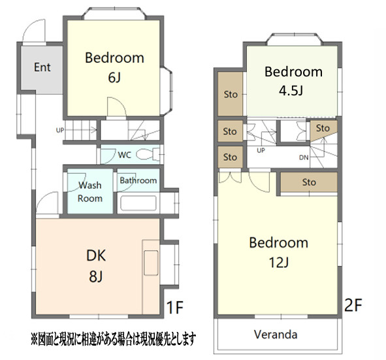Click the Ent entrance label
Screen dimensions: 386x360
[42, 67]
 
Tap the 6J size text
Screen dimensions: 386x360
[114, 78]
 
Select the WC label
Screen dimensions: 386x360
[125, 155]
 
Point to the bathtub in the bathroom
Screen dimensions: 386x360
[138, 203]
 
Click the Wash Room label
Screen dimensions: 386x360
[90, 192]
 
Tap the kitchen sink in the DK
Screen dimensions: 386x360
[151, 263]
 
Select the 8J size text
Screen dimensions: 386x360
[96, 276]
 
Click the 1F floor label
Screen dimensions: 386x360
[175, 307]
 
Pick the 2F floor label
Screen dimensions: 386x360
[353, 305]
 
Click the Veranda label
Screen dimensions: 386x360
[276, 335]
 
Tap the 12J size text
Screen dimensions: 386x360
[279, 263]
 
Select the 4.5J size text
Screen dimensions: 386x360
[291, 91]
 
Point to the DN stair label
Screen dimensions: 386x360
[304, 157]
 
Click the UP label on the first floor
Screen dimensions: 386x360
[60, 130]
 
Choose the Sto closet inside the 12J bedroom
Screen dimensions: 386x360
[309, 182]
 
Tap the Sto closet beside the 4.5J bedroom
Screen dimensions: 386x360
[231, 94]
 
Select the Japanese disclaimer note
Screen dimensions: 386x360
[114, 339]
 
